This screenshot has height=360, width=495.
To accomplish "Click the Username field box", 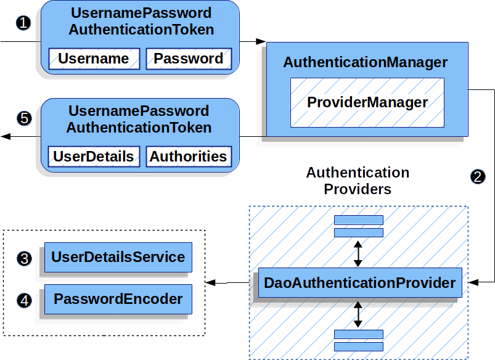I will pyautogui.click(x=93, y=59).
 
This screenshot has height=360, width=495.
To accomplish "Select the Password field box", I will pyautogui.click(x=189, y=59).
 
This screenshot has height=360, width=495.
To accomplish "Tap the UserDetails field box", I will pyautogui.click(x=93, y=157).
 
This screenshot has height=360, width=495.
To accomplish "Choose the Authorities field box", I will pyautogui.click(x=189, y=157).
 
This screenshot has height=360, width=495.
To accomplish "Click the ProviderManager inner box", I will pyautogui.click(x=367, y=102).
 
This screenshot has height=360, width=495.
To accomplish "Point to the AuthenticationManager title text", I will pyautogui.click(x=365, y=63).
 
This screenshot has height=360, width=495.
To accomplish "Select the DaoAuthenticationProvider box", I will pyautogui.click(x=359, y=283).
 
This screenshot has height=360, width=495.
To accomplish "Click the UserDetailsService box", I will pyautogui.click(x=118, y=257).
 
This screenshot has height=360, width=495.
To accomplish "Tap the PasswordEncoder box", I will pyautogui.click(x=118, y=300).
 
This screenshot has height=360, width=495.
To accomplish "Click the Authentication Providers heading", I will pyautogui.click(x=358, y=181).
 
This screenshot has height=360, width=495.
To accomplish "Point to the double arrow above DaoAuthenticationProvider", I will pyautogui.click(x=358, y=253).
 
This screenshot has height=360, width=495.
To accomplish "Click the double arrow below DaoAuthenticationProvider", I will pyautogui.click(x=358, y=314).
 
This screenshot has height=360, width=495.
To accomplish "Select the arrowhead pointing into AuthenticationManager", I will pyautogui.click(x=261, y=42).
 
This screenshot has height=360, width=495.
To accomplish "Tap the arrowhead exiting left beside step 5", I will pyautogui.click(x=5, y=136).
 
